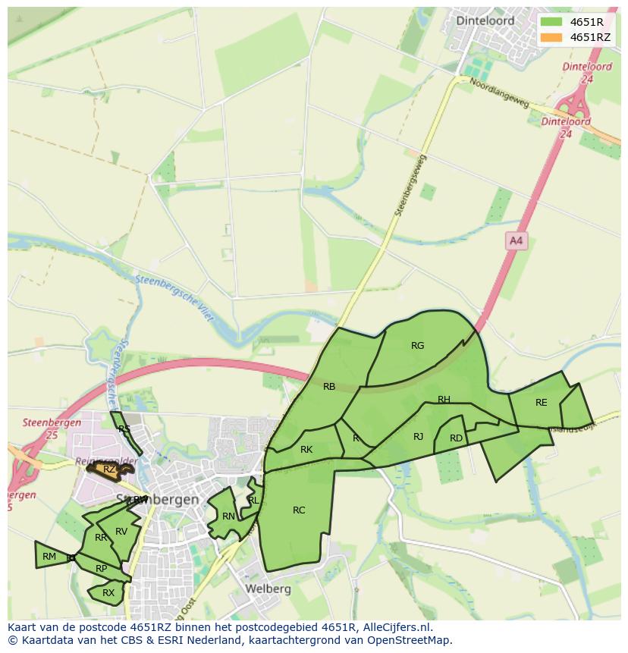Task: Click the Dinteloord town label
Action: click(x=485, y=20)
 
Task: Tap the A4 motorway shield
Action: click(x=516, y=240)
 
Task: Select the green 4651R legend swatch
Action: click(x=551, y=22)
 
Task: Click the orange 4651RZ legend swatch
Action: click(x=551, y=37)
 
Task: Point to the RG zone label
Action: click(x=417, y=346)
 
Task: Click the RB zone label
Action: click(x=329, y=387)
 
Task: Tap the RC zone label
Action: click(x=299, y=510)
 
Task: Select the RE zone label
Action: click(x=541, y=403)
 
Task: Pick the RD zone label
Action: click(x=456, y=438)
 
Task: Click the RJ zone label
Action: click(x=419, y=437)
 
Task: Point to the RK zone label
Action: click(x=306, y=450)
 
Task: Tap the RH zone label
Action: click(x=444, y=400)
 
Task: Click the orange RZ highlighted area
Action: click(x=109, y=469)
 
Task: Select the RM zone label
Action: click(x=49, y=557)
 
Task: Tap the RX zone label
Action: click(x=108, y=593)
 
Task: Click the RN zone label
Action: click(x=228, y=516)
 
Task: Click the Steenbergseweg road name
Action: click(x=410, y=186)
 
